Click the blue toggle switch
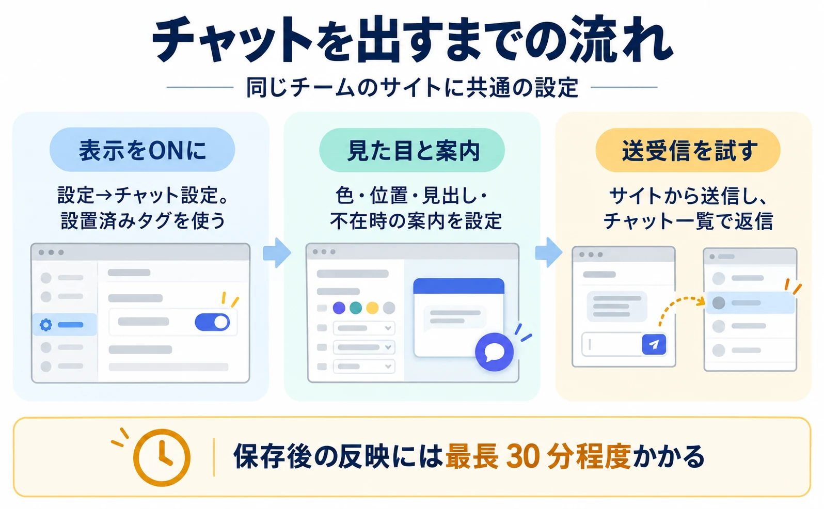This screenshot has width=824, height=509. click(212, 322)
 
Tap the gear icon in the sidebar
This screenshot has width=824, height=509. click(46, 325)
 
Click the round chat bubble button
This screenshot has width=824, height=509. click(494, 352)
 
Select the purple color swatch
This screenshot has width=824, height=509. click(339, 308)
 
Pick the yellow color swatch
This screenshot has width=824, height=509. click(372, 308)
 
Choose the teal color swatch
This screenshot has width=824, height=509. click(355, 308)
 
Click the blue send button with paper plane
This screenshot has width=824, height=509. click(654, 344)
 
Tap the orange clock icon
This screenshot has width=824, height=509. click(162, 457)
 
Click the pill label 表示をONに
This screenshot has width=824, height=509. click(142, 150)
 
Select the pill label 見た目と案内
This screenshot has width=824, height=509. click(412, 150)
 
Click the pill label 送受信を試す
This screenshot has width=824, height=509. click(688, 150)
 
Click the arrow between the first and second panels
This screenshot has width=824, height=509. click(277, 252)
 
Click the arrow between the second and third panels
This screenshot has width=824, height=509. click(548, 252)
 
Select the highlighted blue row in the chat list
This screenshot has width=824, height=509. click(750, 303)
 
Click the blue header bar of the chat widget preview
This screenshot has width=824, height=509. click(458, 286)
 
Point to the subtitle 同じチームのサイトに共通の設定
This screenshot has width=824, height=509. click(412, 88)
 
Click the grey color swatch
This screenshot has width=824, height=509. click(389, 308)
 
